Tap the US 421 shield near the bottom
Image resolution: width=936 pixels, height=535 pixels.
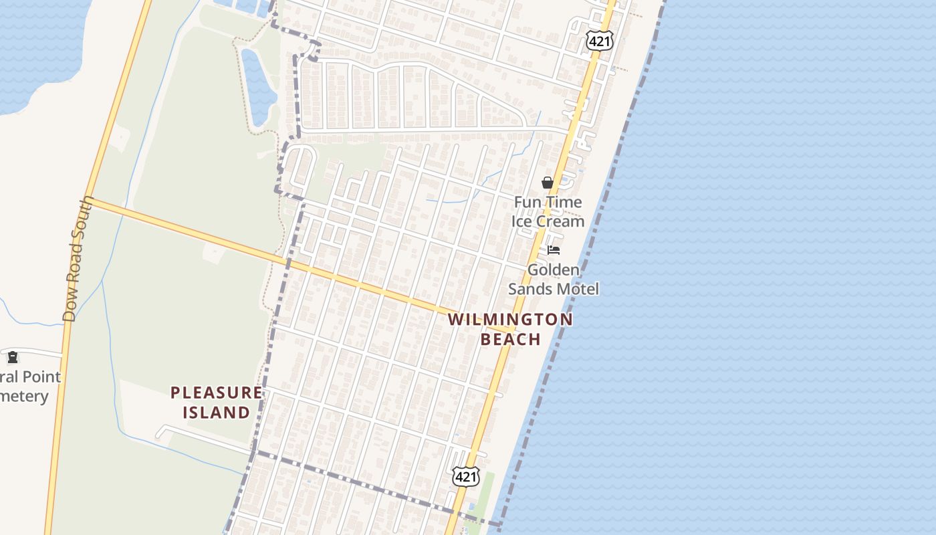(x=465, y=476)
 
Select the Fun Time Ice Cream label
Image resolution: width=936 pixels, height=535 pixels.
(x=548, y=211)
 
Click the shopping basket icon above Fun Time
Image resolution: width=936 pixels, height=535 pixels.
(x=548, y=183)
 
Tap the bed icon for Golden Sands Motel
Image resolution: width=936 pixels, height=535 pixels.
(x=554, y=250)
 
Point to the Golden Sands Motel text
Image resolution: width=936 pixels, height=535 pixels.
(x=554, y=280)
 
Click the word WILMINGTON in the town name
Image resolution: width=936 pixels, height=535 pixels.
(x=510, y=320)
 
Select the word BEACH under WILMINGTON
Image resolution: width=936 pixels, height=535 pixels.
(x=511, y=339)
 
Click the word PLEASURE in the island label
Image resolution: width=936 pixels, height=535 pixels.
(x=217, y=393)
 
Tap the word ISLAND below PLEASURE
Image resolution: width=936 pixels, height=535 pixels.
(x=217, y=413)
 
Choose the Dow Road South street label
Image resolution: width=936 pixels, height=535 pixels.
(x=78, y=259)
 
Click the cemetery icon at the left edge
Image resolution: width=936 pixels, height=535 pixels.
(x=13, y=356)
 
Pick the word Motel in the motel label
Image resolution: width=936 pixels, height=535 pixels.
(x=579, y=289)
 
